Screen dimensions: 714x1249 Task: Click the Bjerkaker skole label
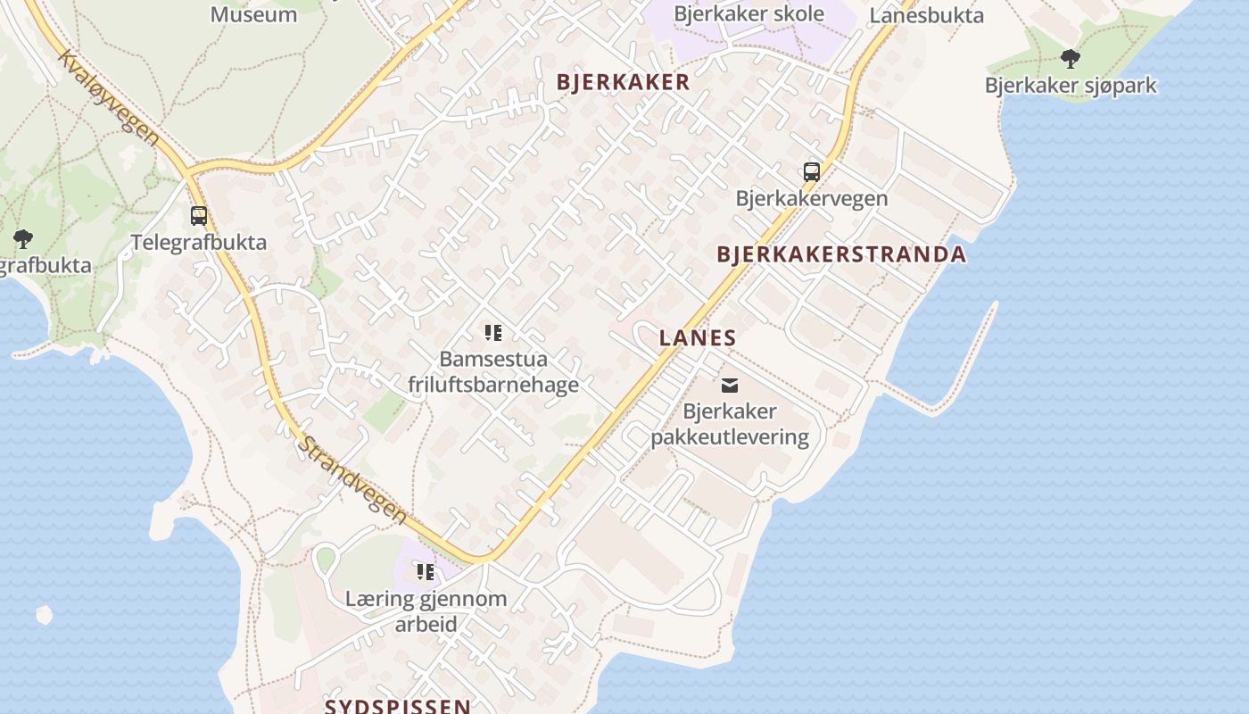pos(749,14)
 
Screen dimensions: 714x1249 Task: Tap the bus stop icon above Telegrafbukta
pos(199,215)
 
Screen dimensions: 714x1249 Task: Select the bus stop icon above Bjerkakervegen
pos(812,172)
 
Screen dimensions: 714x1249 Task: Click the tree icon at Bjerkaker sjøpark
pos(1070,59)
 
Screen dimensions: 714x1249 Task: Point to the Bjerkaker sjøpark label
pos(1071,86)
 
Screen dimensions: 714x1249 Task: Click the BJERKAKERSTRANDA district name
pos(841,254)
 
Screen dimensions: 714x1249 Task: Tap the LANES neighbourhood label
pos(698,338)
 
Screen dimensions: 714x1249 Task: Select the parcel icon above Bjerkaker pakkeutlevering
pos(730,386)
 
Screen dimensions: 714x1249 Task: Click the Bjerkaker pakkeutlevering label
pos(730,424)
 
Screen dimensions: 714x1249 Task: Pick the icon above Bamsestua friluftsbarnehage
pos(492,333)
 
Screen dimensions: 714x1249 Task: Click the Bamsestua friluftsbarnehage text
pos(493,371)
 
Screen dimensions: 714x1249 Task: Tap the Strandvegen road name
pos(353,480)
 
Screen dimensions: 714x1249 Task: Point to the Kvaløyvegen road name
pos(109,98)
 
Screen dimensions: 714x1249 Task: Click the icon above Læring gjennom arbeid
pos(425,571)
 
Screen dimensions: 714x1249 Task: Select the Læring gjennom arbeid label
pos(426,611)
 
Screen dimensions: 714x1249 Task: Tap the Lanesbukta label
pos(926,15)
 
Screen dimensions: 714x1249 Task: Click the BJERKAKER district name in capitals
pos(623,82)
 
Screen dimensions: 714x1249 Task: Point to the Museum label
pos(253,14)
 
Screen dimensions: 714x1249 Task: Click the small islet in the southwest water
pos(44,614)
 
